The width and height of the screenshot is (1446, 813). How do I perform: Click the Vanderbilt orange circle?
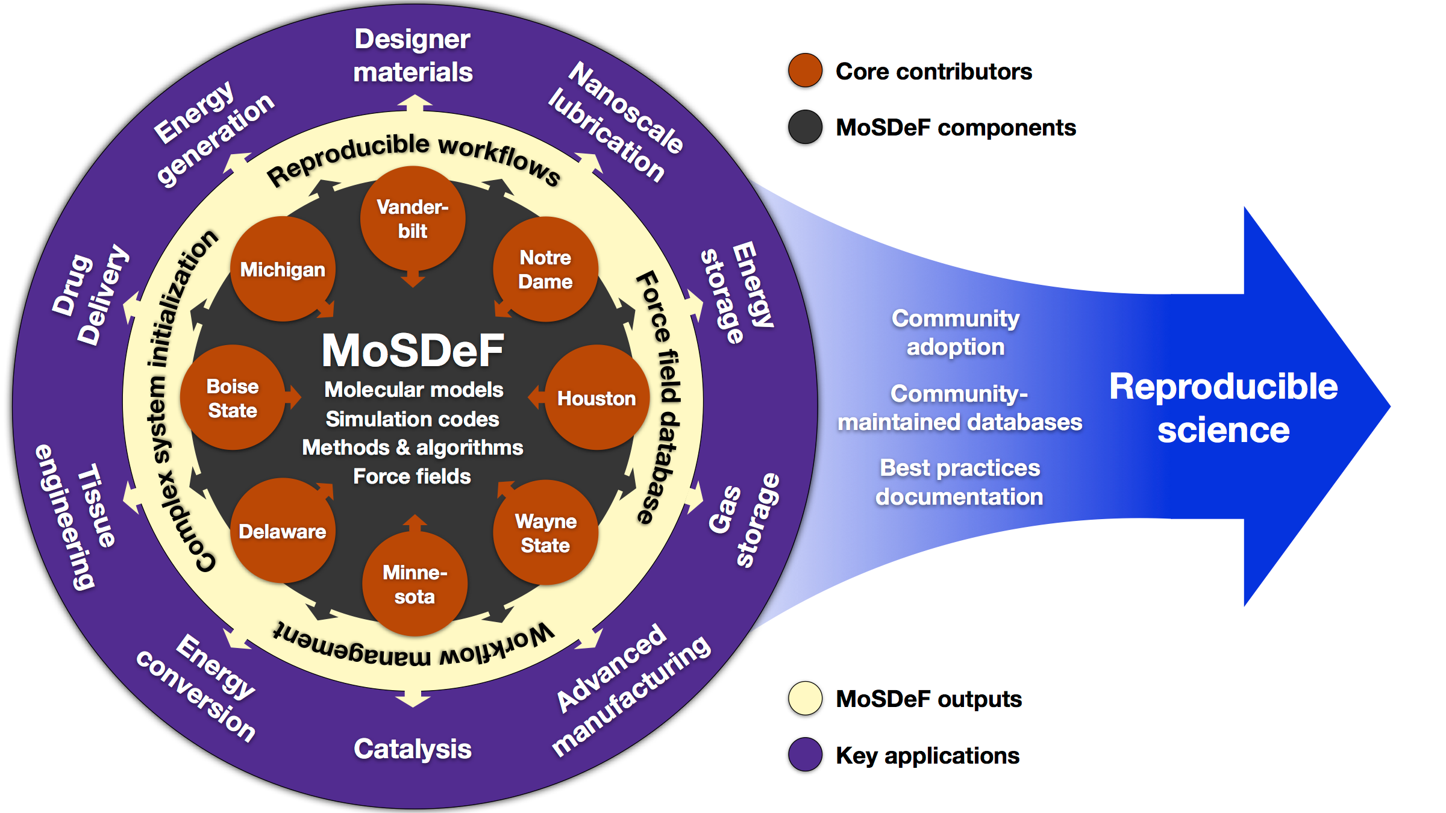(413, 219)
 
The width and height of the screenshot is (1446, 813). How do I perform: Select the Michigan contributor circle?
(283, 269)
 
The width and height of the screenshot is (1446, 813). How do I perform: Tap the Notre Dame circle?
(545, 269)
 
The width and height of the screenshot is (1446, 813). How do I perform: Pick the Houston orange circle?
(596, 397)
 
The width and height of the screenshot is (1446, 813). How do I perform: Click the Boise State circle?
(233, 397)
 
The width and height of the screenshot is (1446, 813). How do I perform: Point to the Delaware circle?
(283, 531)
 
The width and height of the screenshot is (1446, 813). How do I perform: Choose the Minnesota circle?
(415, 584)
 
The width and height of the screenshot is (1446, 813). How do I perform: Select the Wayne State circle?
(545, 532)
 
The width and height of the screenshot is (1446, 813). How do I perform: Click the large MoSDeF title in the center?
(413, 350)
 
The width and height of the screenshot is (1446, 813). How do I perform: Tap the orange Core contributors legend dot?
(806, 70)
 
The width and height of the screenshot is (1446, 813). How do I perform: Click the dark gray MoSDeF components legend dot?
(806, 127)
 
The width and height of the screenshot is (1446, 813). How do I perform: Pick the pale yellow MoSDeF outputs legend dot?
(806, 699)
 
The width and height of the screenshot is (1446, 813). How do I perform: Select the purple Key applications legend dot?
(806, 755)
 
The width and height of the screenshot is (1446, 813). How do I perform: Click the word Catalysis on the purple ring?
(413, 750)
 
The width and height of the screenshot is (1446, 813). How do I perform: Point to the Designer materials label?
(413, 55)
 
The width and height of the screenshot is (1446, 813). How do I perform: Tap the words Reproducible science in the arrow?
(1224, 408)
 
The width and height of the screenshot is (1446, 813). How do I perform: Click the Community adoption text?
(956, 332)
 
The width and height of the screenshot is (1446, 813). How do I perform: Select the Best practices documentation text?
(960, 482)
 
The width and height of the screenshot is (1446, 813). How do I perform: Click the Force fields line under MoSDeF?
(412, 476)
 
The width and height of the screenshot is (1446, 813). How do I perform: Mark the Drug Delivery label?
(90, 295)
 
